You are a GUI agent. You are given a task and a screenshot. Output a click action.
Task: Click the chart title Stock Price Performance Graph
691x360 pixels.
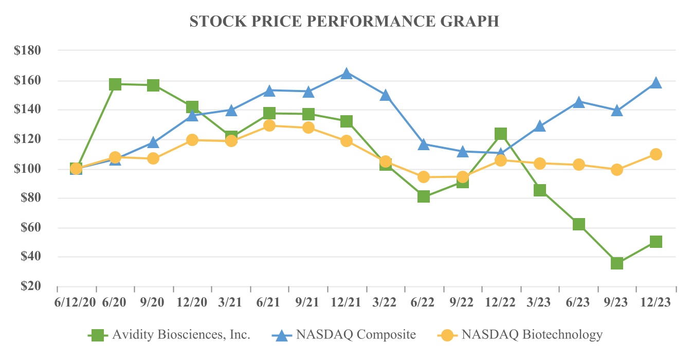pyautogui.click(x=344, y=21)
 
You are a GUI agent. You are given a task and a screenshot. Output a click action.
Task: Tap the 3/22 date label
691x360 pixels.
pyautogui.click(x=385, y=302)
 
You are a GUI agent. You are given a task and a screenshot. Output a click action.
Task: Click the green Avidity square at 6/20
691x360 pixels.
pyautogui.click(x=115, y=84)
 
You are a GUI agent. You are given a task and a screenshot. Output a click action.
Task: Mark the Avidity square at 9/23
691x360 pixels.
pyautogui.click(x=617, y=263)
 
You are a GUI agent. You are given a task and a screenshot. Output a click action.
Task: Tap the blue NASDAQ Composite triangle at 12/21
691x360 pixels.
pyautogui.click(x=347, y=74)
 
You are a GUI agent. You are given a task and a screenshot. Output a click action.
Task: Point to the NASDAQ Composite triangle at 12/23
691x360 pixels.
pyautogui.click(x=656, y=83)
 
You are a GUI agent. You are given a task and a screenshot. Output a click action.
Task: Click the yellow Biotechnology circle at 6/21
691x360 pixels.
pyautogui.click(x=269, y=125)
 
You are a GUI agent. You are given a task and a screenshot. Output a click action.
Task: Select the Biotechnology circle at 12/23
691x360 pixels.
pyautogui.click(x=656, y=154)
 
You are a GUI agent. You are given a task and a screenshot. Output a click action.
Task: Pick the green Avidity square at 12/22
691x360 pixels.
pyautogui.click(x=501, y=134)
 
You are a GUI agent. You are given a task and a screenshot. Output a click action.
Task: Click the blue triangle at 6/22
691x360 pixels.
pyautogui.click(x=424, y=145)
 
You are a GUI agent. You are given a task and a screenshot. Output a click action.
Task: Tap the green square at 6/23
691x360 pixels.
pyautogui.click(x=578, y=224)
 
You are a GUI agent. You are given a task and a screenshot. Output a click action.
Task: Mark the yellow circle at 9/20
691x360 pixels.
pyautogui.click(x=153, y=158)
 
